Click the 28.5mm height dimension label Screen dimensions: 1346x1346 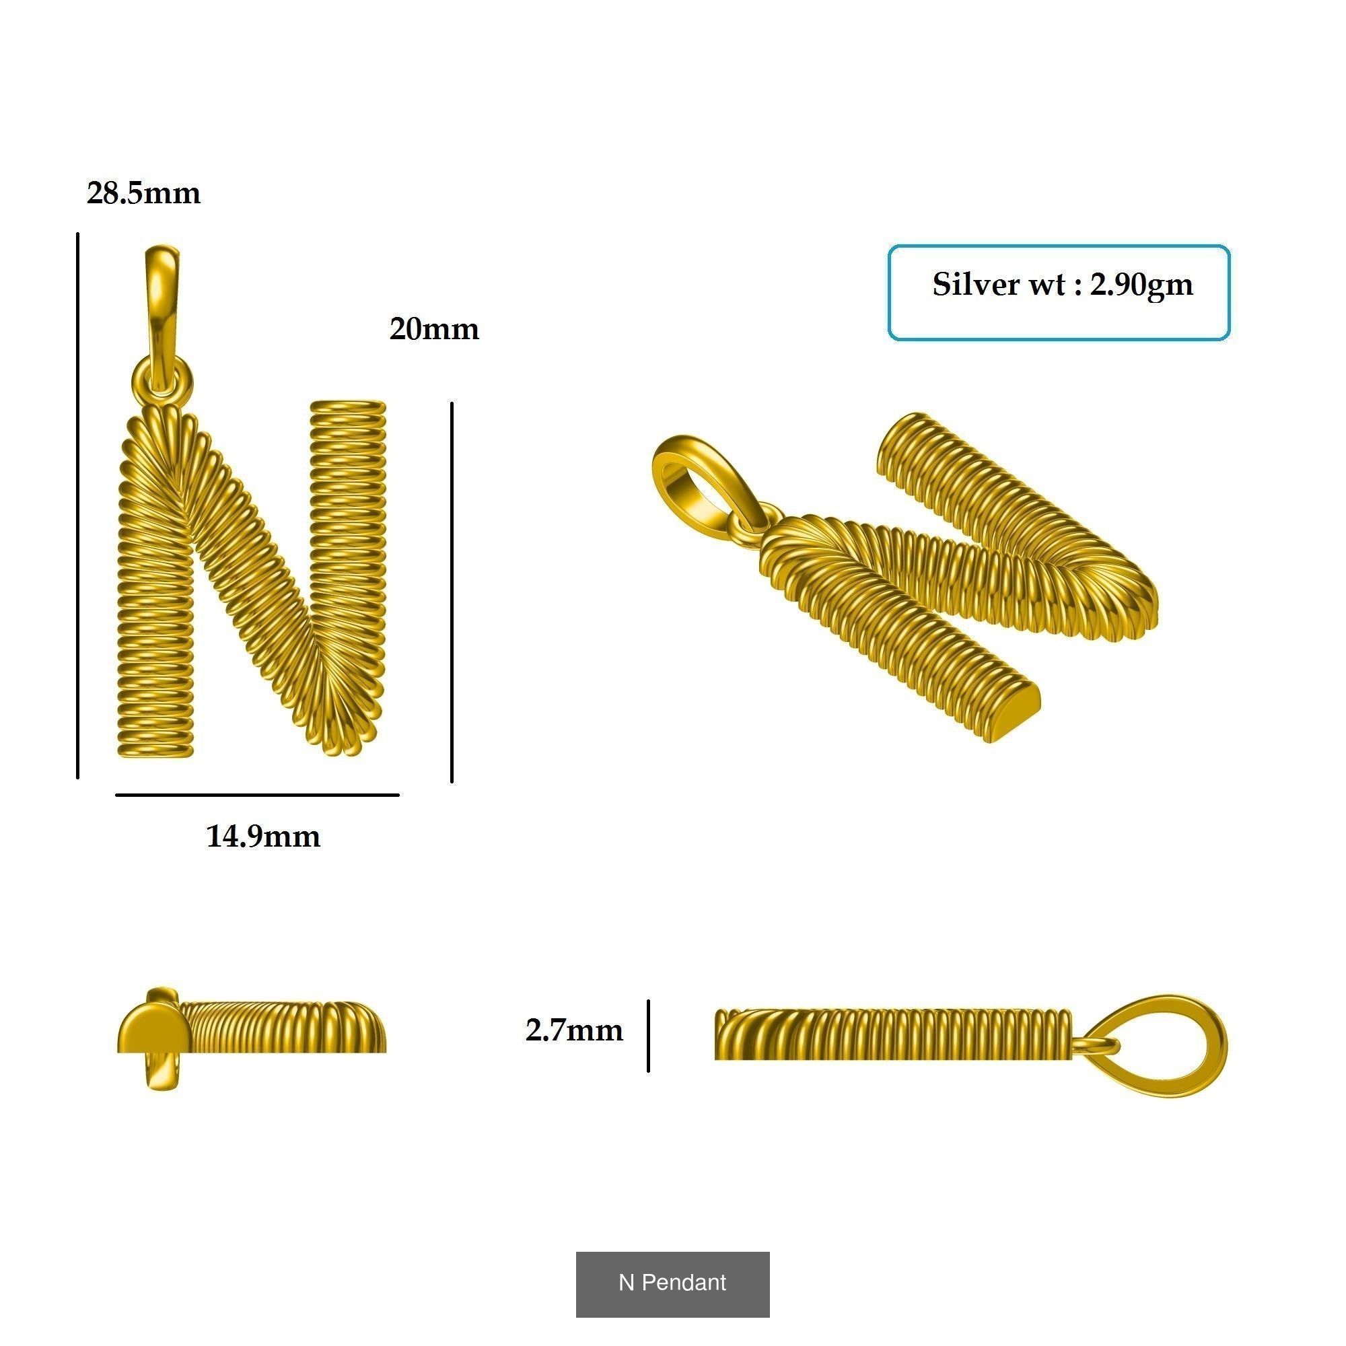tap(143, 193)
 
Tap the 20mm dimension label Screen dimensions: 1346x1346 tap(434, 329)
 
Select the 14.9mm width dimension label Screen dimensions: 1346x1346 tap(262, 836)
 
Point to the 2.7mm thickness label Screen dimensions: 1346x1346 tap(574, 1030)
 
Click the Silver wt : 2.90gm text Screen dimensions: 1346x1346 tap(1062, 284)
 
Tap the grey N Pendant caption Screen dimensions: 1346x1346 tap(672, 1282)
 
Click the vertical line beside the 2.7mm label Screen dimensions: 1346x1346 tap(648, 1035)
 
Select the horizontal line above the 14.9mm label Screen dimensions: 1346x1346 tap(257, 794)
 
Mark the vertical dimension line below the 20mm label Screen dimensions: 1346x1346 tap(452, 592)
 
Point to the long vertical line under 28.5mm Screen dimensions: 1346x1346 tap(77, 505)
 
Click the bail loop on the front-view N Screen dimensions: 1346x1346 tap(161, 299)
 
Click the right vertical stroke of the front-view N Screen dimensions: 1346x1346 tap(347, 530)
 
